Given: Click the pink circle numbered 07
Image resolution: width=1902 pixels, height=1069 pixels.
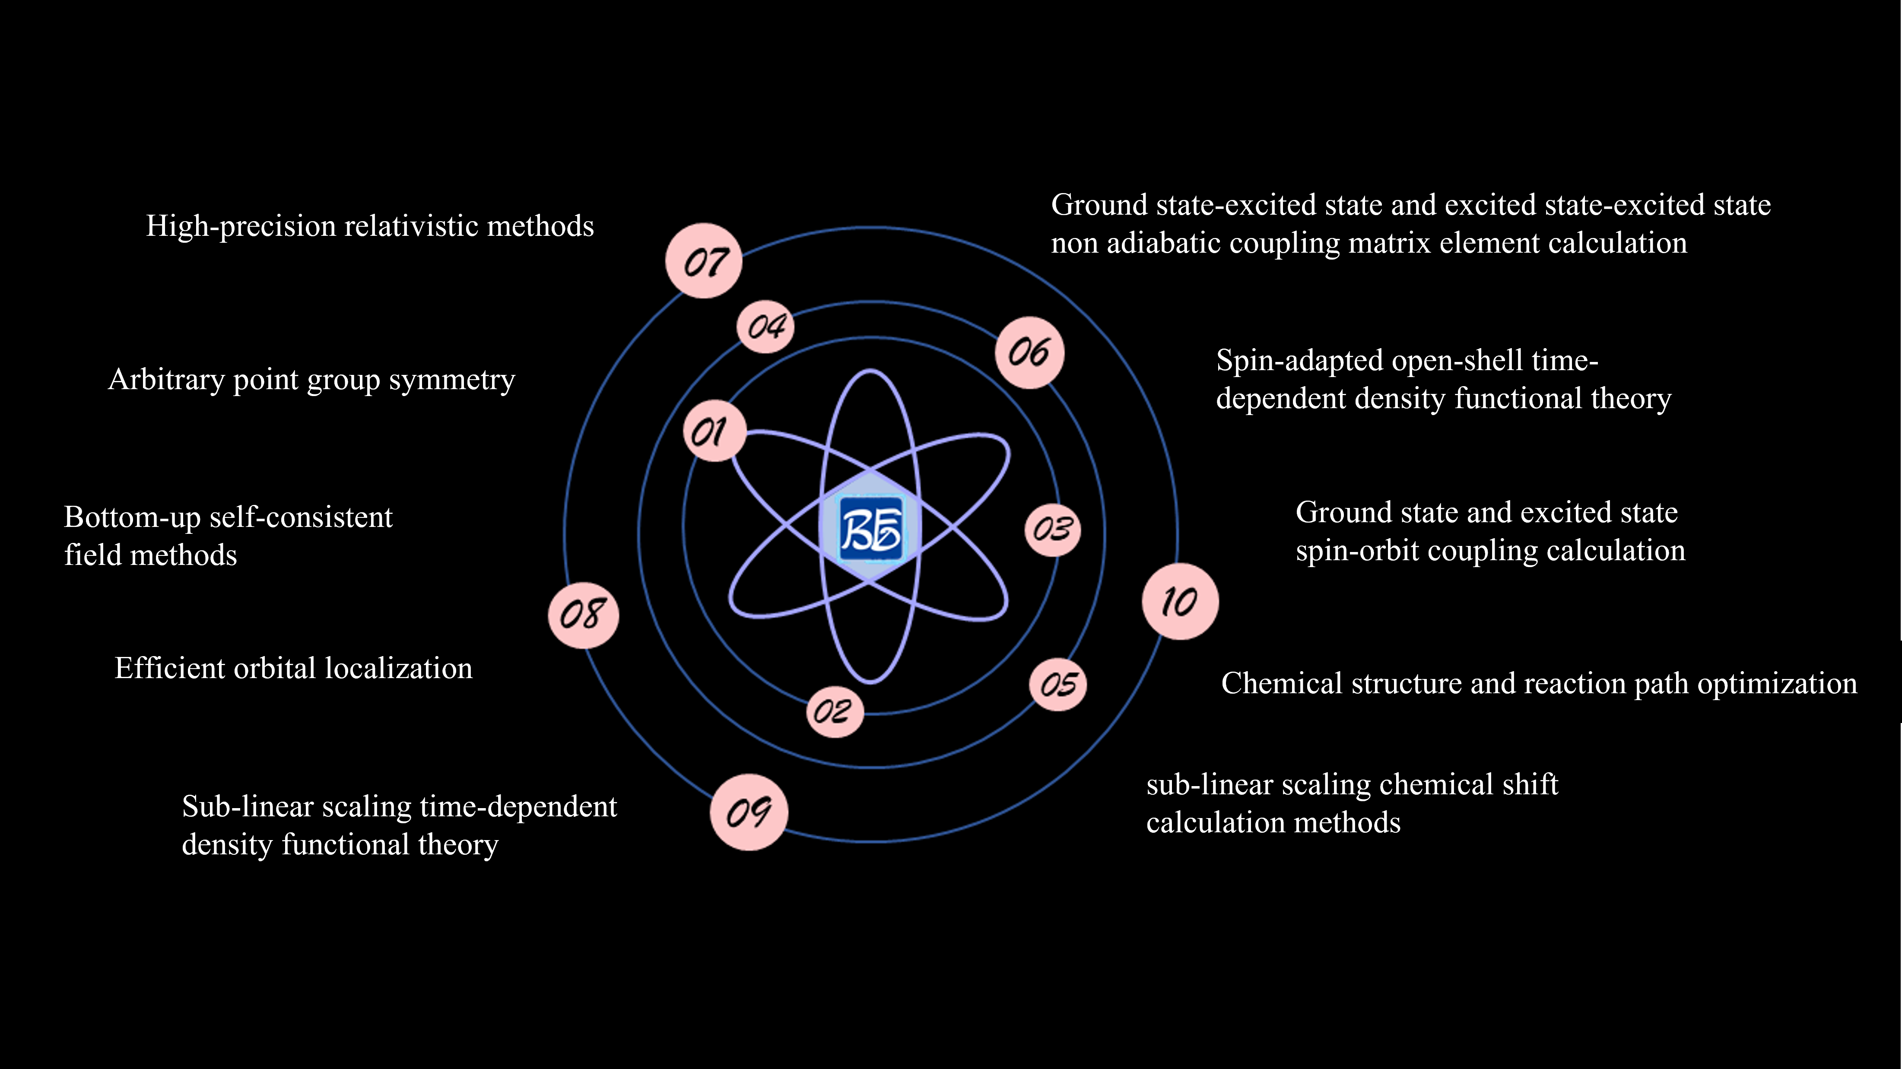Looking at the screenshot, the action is click(x=704, y=260).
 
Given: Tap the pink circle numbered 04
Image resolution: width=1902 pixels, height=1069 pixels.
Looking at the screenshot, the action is click(x=765, y=326).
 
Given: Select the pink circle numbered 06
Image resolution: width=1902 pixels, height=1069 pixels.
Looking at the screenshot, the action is click(x=1029, y=352).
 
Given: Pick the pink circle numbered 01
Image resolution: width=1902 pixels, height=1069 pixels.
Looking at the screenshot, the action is click(x=714, y=431).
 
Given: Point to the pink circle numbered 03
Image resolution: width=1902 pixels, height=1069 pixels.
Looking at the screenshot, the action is click(x=1052, y=530).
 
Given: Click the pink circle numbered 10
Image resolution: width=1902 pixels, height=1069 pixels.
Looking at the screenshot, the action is click(x=1180, y=601).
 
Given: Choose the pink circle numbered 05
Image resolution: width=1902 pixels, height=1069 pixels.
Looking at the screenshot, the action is click(x=1058, y=684).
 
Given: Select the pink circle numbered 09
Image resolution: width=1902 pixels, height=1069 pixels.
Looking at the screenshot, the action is click(x=749, y=812).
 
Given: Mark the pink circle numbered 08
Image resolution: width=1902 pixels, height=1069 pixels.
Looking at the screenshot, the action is click(x=583, y=614).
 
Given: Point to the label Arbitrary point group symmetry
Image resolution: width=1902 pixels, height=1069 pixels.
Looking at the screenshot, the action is click(x=311, y=380).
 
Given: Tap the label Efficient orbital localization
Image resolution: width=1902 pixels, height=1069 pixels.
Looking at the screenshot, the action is click(x=293, y=668).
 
